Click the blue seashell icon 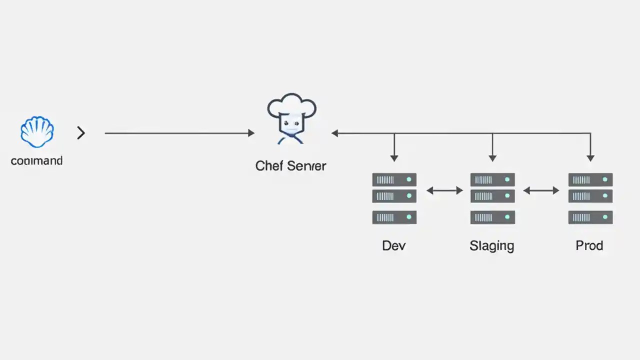tap(37, 132)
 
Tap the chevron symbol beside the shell tap(81, 133)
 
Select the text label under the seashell tap(36, 161)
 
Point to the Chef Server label tap(290, 165)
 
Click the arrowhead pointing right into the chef tap(251, 133)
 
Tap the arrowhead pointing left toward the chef tap(335, 133)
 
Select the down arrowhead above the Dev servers tap(394, 158)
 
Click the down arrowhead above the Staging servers tap(492, 158)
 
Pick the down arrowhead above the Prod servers tap(590, 158)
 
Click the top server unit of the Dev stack tap(394, 179)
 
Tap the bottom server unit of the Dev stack tap(394, 217)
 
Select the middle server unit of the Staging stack tap(492, 195)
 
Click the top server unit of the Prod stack tap(590, 179)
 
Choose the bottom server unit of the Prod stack tap(590, 217)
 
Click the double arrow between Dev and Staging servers tap(444, 190)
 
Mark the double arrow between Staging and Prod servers tap(541, 190)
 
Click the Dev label tap(394, 245)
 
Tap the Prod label tap(589, 245)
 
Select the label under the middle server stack tap(492, 245)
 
